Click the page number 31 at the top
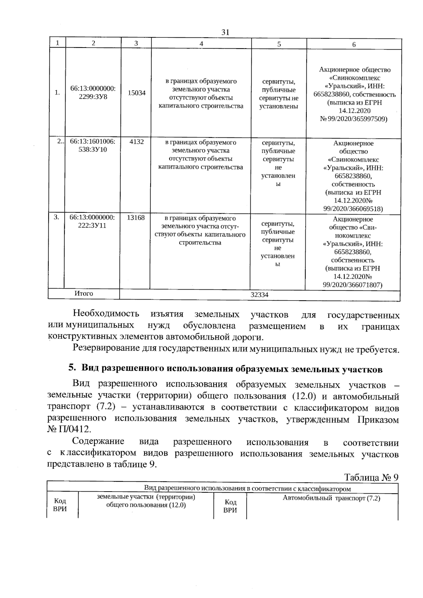click(x=225, y=32)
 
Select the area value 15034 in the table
click(x=136, y=93)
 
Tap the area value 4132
click(x=136, y=142)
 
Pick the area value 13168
click(x=136, y=218)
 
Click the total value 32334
click(x=259, y=295)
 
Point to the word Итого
click(x=84, y=294)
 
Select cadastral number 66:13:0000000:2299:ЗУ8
click(x=93, y=93)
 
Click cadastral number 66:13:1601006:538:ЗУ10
click(x=93, y=146)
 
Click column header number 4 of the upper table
click(x=201, y=44)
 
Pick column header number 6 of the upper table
click(x=354, y=44)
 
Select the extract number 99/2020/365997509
click(x=357, y=119)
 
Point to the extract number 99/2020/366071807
click(x=352, y=285)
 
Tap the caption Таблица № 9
click(x=371, y=477)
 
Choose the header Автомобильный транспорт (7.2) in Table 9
click(x=331, y=499)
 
